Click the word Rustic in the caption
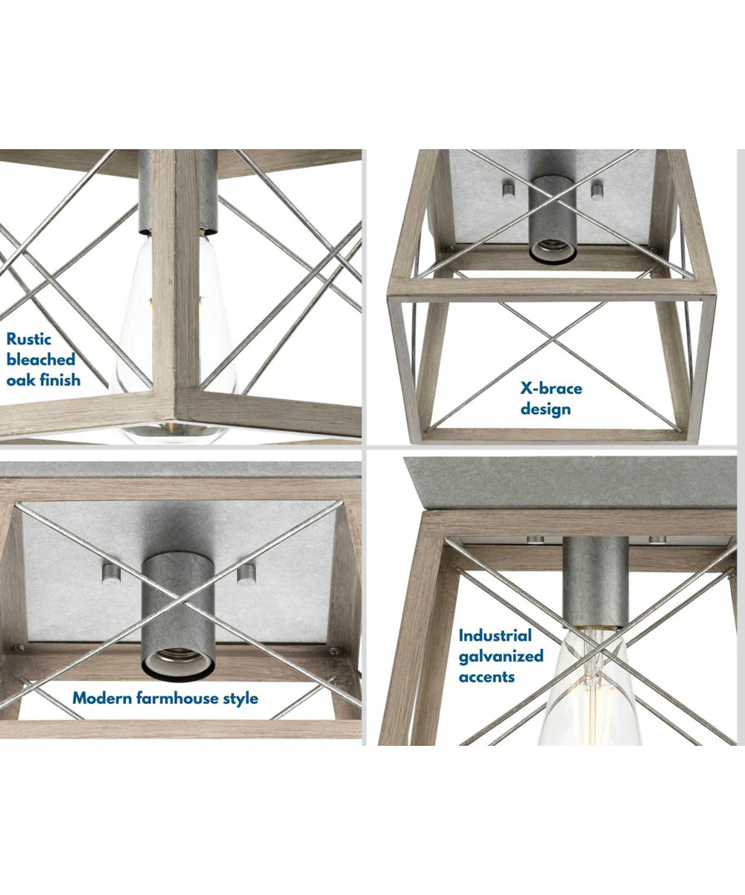tap(29, 339)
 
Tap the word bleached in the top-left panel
tap(41, 359)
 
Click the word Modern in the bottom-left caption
tap(102, 698)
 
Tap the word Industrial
tap(495, 635)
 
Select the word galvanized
tap(501, 656)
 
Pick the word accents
tap(486, 676)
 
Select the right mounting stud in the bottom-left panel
tap(246, 575)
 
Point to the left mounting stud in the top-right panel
tap(508, 191)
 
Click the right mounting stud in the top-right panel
tap(597, 191)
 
